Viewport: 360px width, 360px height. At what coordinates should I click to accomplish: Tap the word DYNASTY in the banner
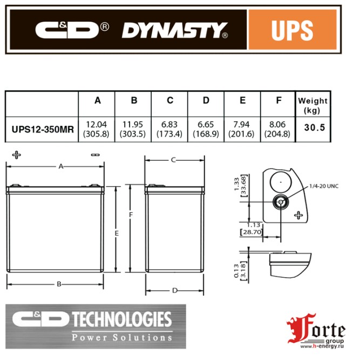173,30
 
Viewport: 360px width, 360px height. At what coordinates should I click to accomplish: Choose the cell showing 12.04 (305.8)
97,130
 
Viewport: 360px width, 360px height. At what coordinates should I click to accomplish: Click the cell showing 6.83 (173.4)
170,130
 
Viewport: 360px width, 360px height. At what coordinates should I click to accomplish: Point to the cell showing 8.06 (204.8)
278,130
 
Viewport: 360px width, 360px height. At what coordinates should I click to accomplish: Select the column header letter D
206,100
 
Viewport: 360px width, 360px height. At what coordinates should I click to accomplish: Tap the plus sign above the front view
17,155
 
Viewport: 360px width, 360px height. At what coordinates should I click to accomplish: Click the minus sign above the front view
95,155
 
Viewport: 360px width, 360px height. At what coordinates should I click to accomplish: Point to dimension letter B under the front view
59,283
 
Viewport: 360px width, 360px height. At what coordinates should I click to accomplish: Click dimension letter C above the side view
174,160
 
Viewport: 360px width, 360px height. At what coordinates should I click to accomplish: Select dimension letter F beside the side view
131,214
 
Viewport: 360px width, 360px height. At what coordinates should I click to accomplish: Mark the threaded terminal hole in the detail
280,203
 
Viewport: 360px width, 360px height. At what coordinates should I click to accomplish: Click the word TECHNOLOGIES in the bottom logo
121,320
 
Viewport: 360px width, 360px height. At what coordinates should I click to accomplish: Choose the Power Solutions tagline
122,337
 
